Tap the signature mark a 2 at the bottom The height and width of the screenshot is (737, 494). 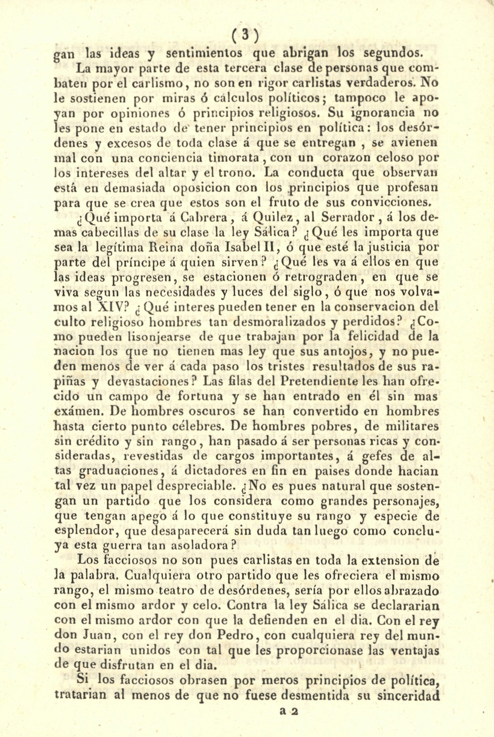pos(290,710)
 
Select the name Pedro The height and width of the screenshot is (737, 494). pos(231,635)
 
